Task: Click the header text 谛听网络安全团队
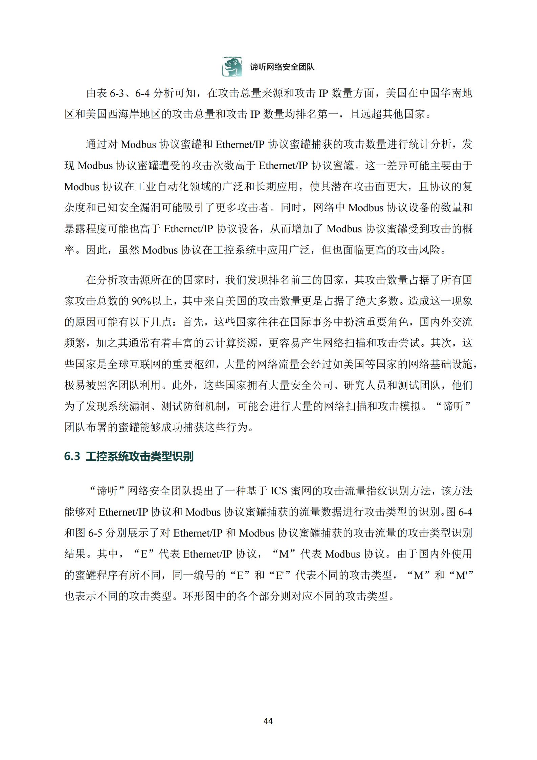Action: (282, 67)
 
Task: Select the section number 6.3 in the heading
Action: (72, 456)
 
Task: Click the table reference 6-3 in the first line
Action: (117, 93)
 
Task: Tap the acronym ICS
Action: (279, 491)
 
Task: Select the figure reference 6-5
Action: (95, 533)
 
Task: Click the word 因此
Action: (96, 250)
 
